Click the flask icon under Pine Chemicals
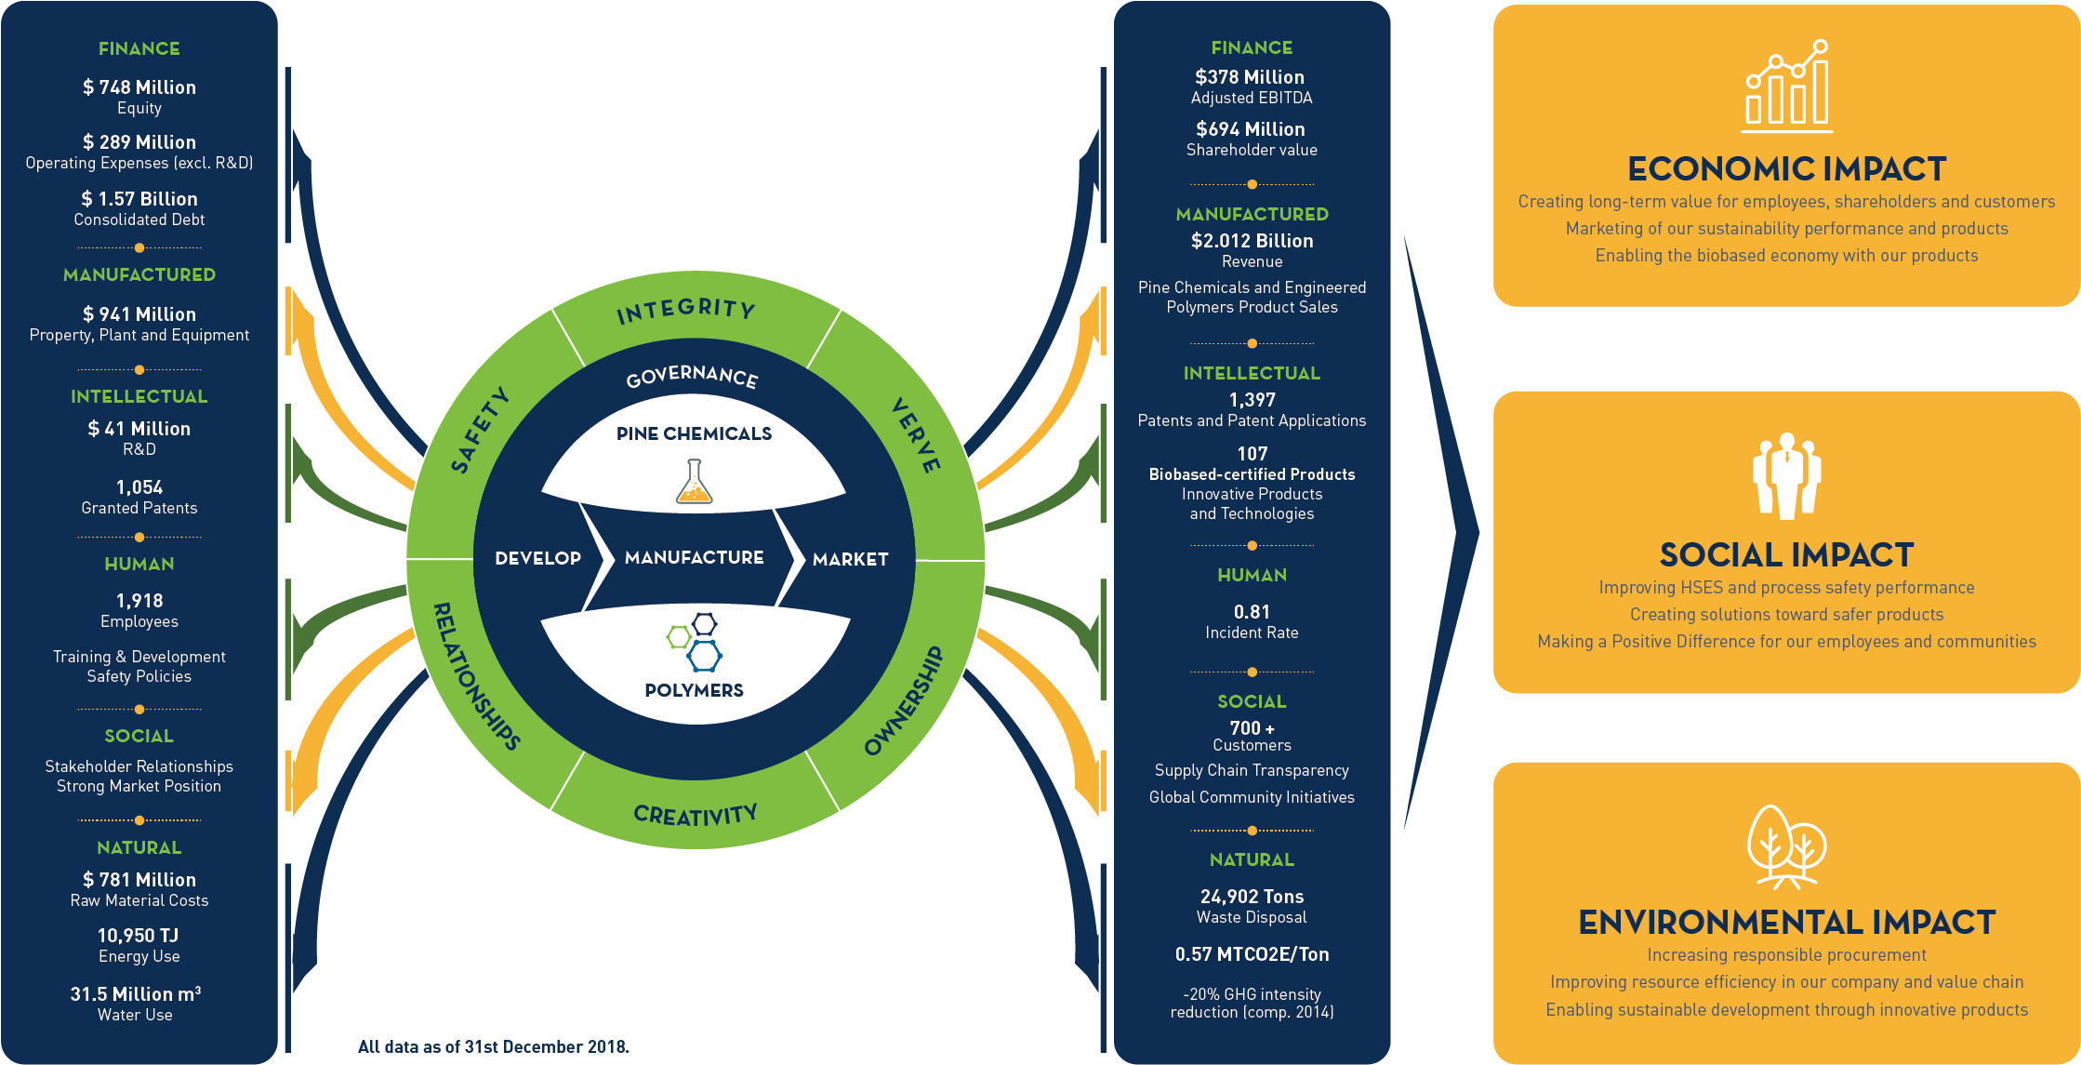click(694, 482)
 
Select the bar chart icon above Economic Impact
click(1786, 85)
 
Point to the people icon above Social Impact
click(1786, 475)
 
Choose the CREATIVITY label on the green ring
click(696, 816)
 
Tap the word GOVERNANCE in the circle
click(692, 377)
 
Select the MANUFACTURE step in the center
click(694, 557)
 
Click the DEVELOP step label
click(537, 558)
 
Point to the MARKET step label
click(850, 559)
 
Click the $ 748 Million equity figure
click(139, 87)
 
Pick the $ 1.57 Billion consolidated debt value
click(139, 199)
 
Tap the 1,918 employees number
click(139, 601)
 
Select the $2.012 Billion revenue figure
click(1252, 241)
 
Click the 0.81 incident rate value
click(1252, 612)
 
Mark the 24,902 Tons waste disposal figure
click(1252, 897)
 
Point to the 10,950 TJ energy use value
click(139, 936)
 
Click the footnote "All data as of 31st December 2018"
click(493, 1046)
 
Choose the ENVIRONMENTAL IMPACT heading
click(1786, 923)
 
